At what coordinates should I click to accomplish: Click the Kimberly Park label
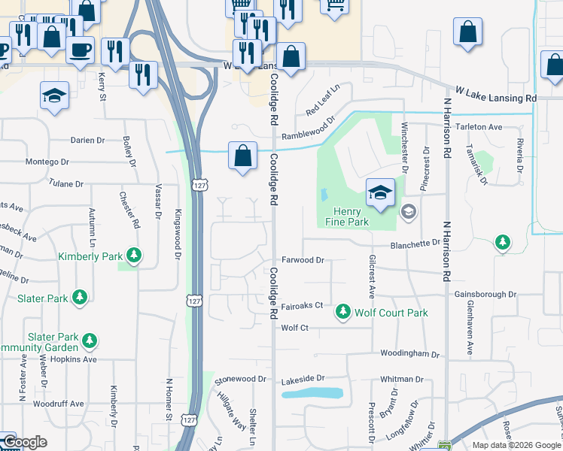pos(90,256)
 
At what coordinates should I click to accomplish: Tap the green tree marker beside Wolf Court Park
pos(343,310)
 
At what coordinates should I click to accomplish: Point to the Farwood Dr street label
pos(303,260)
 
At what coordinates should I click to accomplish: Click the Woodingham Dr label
pos(409,353)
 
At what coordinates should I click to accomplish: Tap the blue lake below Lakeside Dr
pos(312,393)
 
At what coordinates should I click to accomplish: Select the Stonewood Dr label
pos(241,380)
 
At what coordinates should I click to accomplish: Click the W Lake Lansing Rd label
pos(493,98)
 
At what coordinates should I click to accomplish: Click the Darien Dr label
pos(88,140)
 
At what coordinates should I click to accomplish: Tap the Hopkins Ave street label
pos(79,359)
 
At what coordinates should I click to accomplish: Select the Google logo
pos(25,442)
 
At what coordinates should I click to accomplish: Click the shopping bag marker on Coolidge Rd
pos(242,157)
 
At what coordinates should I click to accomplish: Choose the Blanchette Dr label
pos(415,244)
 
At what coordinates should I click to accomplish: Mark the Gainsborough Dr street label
pos(485,295)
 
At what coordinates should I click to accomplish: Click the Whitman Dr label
pos(403,380)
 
